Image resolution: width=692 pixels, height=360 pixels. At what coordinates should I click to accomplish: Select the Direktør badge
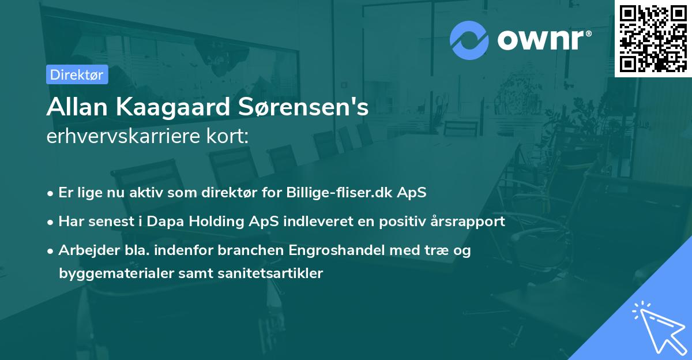click(77, 74)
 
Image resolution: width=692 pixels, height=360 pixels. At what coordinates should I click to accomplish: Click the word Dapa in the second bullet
click(167, 221)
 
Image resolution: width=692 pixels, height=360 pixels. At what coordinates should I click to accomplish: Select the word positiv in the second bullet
click(407, 221)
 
